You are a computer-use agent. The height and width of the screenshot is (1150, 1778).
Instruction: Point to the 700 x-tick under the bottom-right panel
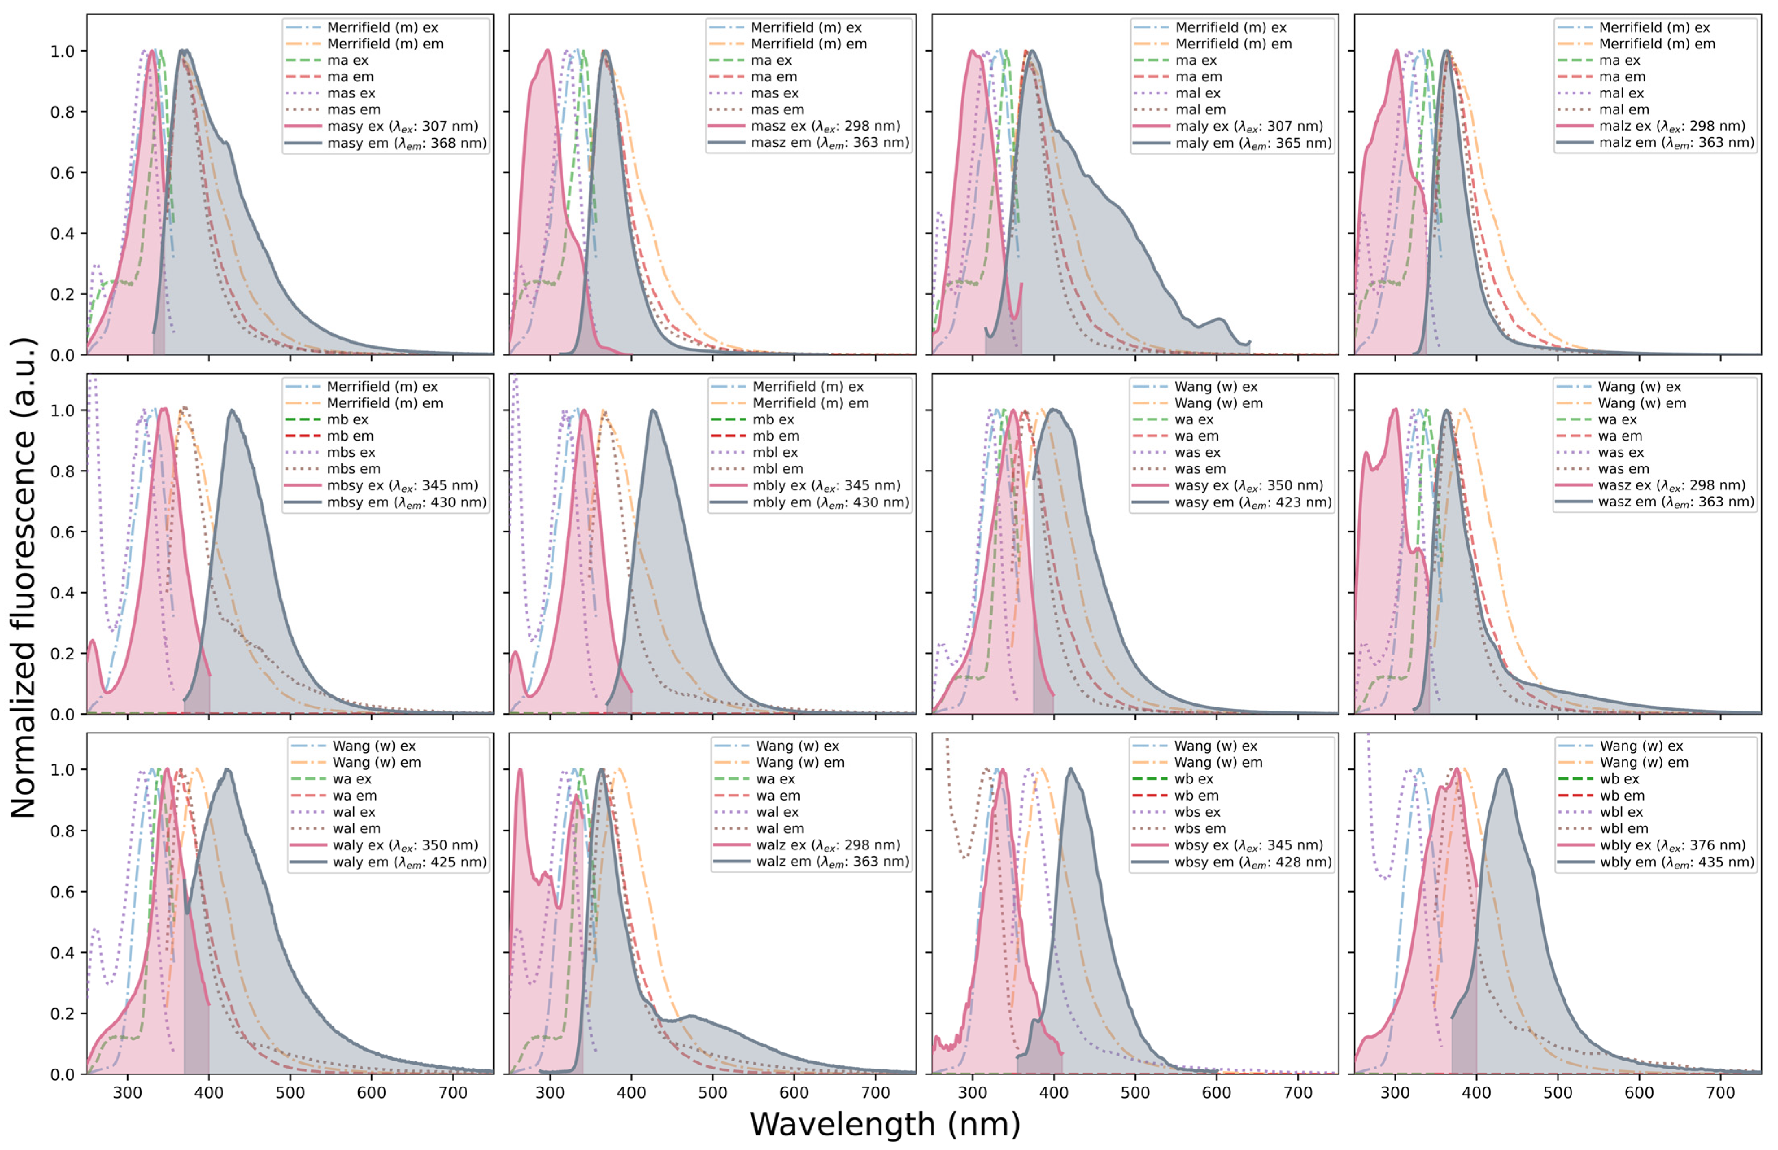pos(1721,1093)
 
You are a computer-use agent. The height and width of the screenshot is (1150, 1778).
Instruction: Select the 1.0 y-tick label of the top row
pos(63,52)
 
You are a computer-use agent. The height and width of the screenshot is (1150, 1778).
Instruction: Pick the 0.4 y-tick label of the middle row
pos(63,593)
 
